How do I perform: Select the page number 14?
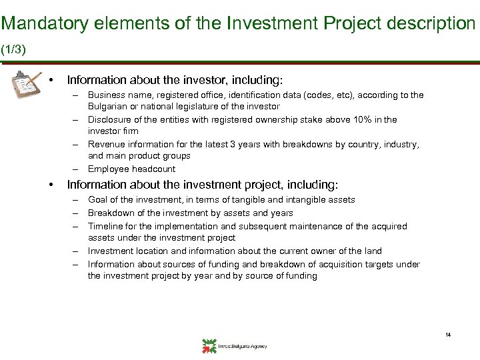(x=448, y=335)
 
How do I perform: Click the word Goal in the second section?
(x=99, y=200)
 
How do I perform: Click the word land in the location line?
(x=373, y=251)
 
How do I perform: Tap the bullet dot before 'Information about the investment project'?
(x=51, y=185)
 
